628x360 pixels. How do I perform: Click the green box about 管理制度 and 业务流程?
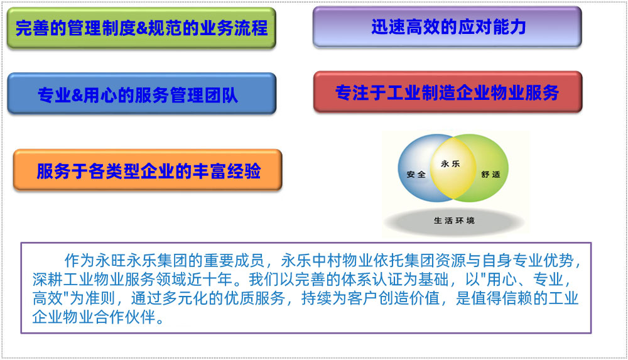(141, 28)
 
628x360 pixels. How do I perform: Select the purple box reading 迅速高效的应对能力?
(447, 27)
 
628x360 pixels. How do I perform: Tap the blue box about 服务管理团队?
(141, 94)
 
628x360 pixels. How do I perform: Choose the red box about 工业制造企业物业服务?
(448, 92)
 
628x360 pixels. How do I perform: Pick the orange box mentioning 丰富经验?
(148, 170)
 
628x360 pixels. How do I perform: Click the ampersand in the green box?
(142, 28)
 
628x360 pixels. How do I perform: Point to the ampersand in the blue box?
(77, 95)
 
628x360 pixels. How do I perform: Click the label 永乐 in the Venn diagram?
(450, 163)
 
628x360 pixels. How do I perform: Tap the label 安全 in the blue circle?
(416, 175)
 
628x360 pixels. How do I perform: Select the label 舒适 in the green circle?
(490, 175)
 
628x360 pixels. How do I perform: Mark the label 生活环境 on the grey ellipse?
(454, 221)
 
